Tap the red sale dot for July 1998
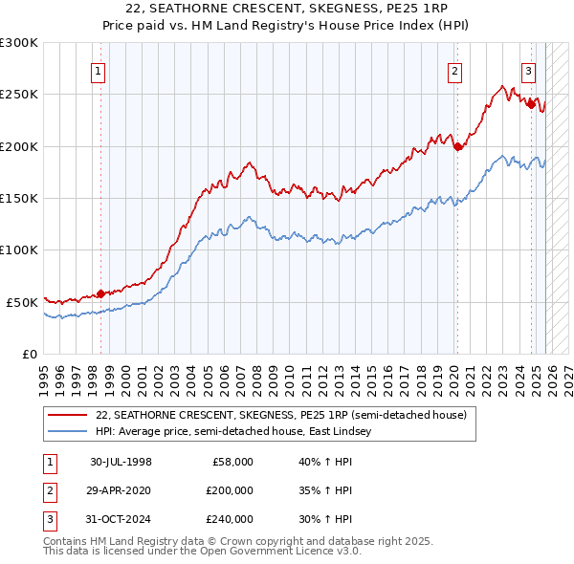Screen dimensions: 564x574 point(100,293)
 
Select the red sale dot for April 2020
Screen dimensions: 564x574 point(457,146)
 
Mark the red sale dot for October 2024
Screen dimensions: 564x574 point(531,105)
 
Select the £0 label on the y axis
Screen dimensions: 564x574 point(29,354)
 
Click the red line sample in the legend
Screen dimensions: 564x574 point(69,416)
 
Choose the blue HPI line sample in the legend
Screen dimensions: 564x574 point(69,432)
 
